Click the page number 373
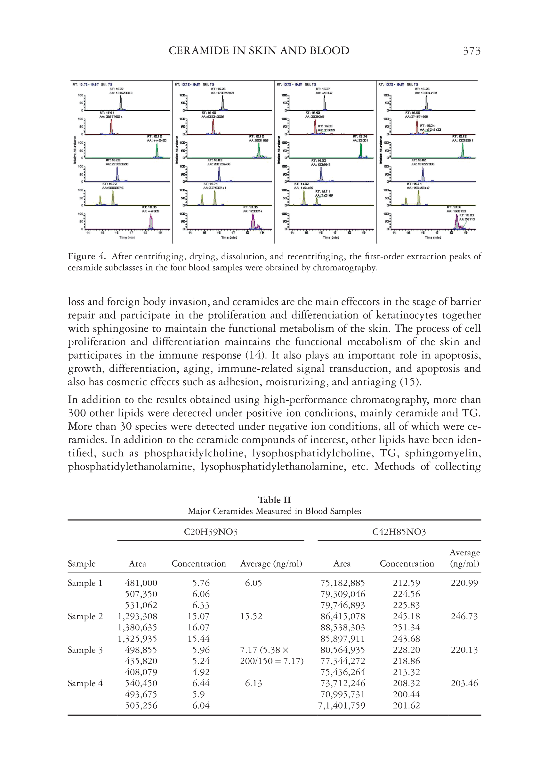pyautogui.click(x=471, y=51)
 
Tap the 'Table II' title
pyautogui.click(x=274, y=500)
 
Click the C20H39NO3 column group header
pyautogui.click(x=210, y=532)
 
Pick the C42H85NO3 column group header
pyautogui.click(x=399, y=532)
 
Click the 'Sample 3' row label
pyautogui.click(x=85, y=650)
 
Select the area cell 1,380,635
pyautogui.click(x=137, y=627)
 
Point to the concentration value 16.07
pyautogui.click(x=198, y=627)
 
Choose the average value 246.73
pyautogui.click(x=464, y=616)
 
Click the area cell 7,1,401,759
pyautogui.click(x=342, y=705)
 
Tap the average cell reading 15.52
pyautogui.click(x=251, y=616)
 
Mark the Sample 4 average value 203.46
pyautogui.click(x=464, y=683)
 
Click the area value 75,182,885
pyautogui.click(x=343, y=583)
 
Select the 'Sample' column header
pyautogui.click(x=82, y=564)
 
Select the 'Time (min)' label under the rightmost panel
pyautogui.click(x=433, y=238)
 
